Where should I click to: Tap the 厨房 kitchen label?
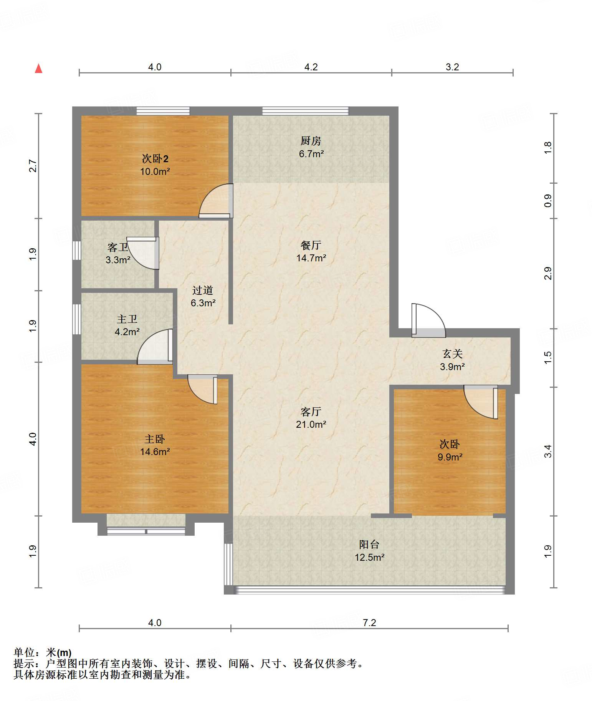tap(311, 141)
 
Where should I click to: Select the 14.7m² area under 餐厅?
tap(311, 258)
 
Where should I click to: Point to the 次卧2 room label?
tap(155, 158)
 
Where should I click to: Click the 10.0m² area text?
tap(155, 171)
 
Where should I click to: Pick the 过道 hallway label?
tap(203, 290)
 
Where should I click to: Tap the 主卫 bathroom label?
tap(127, 319)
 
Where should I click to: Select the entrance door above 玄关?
tap(428, 320)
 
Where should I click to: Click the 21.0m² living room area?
tap(311, 424)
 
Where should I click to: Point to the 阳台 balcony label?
tap(369, 544)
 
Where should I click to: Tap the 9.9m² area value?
tap(450, 457)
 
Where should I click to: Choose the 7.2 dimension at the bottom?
tap(369, 623)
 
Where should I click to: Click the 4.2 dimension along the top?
tap(311, 67)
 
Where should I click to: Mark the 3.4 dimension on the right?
tap(548, 451)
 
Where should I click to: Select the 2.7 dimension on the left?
tap(33, 166)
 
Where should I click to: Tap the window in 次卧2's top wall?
tap(163, 111)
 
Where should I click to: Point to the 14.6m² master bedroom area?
tap(155, 452)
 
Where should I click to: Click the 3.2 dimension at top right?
tap(452, 67)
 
